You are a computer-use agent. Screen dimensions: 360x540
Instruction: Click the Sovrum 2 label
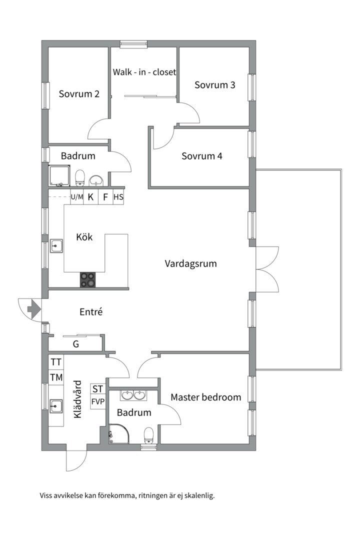pos(79,93)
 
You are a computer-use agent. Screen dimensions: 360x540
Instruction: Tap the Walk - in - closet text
pos(144,72)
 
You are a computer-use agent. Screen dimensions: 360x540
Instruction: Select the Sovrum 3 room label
pos(214,84)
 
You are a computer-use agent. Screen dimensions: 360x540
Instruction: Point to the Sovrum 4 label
pos(202,156)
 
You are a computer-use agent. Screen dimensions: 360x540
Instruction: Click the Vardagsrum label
pos(190,264)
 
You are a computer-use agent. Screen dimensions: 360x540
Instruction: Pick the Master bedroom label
pos(205,397)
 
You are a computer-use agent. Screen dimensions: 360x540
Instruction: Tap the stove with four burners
pos(87,279)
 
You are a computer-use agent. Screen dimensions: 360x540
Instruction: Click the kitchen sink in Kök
pos(56,246)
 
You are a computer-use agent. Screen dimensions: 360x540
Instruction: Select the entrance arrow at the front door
pos(34,309)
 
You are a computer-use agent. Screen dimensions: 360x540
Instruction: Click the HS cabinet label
pos(118,197)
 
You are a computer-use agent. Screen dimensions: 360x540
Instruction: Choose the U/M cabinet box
pos(77,197)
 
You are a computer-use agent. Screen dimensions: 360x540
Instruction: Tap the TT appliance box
pos(56,362)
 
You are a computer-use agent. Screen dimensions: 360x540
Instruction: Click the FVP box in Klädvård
pos(98,401)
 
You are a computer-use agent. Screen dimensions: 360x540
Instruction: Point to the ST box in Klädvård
pos(98,389)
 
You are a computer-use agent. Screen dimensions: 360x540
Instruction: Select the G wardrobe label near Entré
pos(76,344)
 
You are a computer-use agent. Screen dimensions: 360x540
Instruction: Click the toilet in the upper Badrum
pos(80,177)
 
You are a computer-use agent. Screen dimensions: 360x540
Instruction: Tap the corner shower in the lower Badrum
pos(119,433)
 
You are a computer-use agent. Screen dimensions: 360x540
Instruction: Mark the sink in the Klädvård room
pos(56,406)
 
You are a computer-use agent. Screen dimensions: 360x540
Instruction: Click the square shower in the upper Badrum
pos(59,176)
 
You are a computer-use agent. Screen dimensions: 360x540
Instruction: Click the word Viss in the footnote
pos(46,496)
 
